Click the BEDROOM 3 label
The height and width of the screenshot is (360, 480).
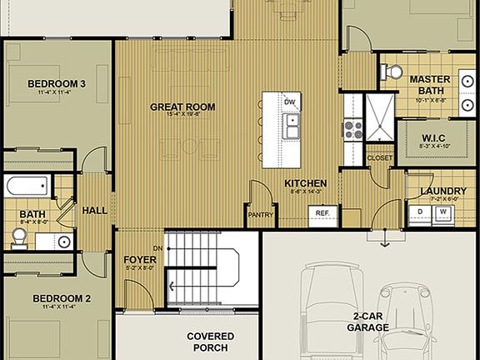(x=57, y=83)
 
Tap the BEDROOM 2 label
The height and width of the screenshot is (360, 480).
(x=62, y=297)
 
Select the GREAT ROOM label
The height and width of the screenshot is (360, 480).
(x=182, y=107)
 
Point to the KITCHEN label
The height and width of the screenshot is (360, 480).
(x=305, y=183)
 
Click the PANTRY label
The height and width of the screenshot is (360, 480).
(x=261, y=214)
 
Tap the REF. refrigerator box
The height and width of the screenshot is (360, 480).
(x=322, y=213)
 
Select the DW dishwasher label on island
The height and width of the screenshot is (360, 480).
(x=289, y=102)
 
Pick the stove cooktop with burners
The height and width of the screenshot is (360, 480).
(x=351, y=129)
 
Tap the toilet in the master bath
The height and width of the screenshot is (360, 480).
(x=389, y=72)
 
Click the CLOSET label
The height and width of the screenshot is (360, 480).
(x=379, y=157)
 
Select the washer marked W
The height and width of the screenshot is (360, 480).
(x=443, y=213)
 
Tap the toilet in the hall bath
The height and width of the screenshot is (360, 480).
(x=19, y=238)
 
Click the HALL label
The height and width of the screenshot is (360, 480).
(x=94, y=210)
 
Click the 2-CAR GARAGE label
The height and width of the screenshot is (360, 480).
(x=367, y=322)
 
